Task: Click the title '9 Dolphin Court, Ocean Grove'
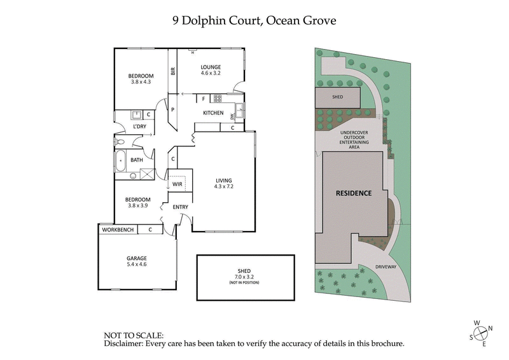(254, 20)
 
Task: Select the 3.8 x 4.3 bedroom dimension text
(142, 81)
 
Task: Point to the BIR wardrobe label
(172, 71)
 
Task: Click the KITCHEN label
(213, 113)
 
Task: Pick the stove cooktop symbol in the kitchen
(217, 99)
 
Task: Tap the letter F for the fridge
(204, 99)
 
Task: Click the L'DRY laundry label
(140, 127)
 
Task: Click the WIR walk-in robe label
(178, 184)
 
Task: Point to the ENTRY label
(180, 207)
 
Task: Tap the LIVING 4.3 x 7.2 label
(225, 183)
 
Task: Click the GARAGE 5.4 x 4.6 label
(136, 261)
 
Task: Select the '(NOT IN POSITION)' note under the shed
(245, 282)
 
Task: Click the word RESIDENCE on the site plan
(354, 193)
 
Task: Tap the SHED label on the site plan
(337, 97)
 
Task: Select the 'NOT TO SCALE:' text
(134, 335)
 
